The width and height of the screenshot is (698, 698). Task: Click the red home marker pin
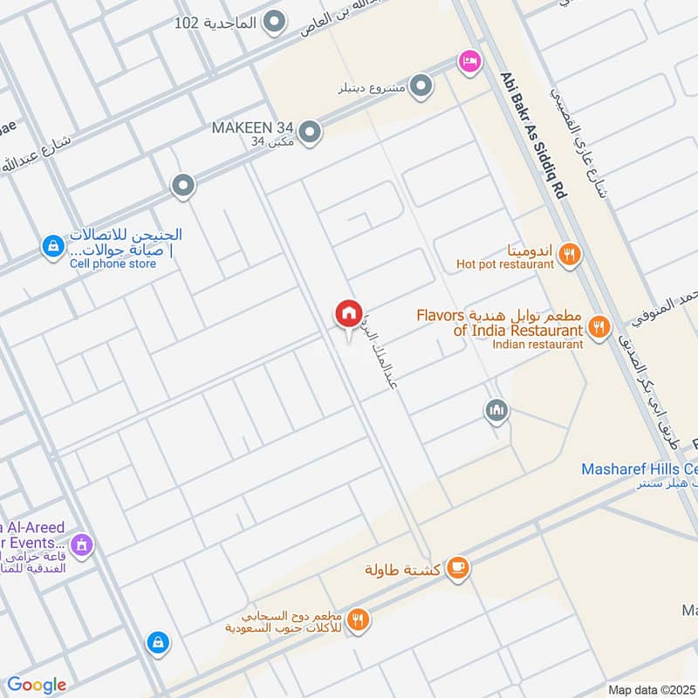pyautogui.click(x=348, y=313)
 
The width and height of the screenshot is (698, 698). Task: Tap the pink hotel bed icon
pyautogui.click(x=469, y=60)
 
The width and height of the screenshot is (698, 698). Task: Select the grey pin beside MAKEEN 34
pyautogui.click(x=311, y=132)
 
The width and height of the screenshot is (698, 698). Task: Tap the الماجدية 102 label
pyautogui.click(x=216, y=23)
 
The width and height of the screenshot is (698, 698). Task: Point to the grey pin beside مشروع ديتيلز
pyautogui.click(x=421, y=86)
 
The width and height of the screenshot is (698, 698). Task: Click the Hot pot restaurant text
pyautogui.click(x=505, y=263)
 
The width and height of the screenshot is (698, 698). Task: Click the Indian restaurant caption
pyautogui.click(x=537, y=344)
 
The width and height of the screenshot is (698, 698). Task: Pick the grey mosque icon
pyautogui.click(x=496, y=410)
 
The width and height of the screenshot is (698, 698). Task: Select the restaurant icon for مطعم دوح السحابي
pyautogui.click(x=358, y=620)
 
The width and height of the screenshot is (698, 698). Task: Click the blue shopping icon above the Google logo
pyautogui.click(x=158, y=642)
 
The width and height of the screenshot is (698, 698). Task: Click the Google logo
pyautogui.click(x=37, y=685)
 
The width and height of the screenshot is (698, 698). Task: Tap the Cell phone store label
pyautogui.click(x=113, y=263)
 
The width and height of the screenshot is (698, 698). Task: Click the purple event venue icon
pyautogui.click(x=82, y=544)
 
